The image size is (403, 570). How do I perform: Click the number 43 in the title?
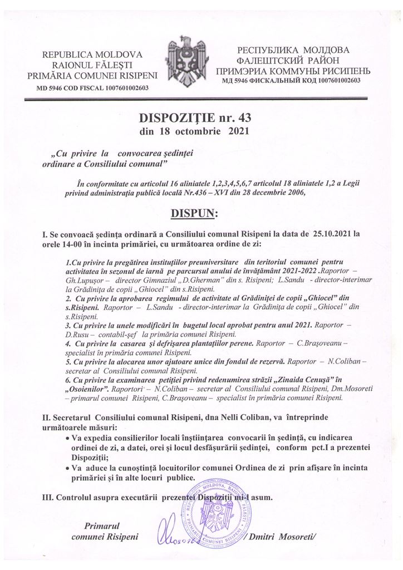point(235,118)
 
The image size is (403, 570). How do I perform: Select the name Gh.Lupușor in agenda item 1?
point(84,281)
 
